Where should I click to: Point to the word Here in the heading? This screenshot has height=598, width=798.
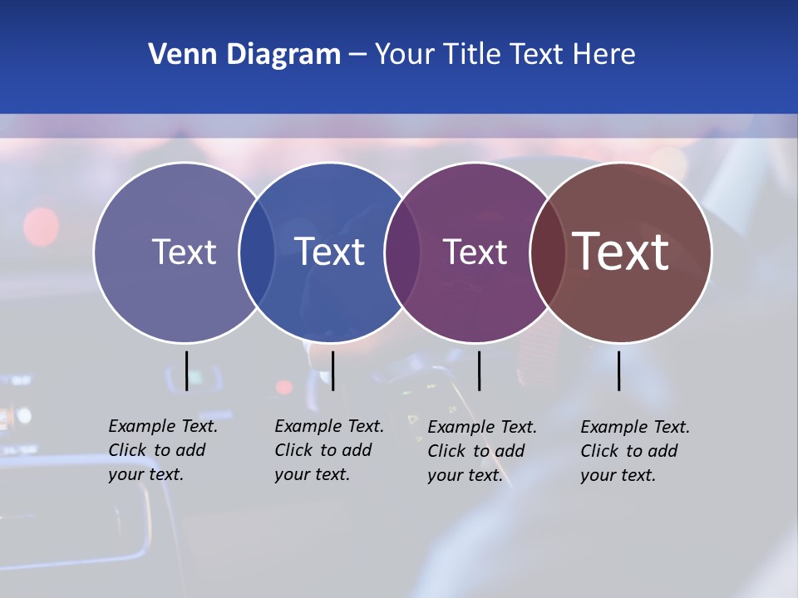tap(604, 55)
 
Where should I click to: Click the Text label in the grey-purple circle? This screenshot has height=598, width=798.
tap(184, 252)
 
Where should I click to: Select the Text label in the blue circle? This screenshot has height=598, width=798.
tap(330, 252)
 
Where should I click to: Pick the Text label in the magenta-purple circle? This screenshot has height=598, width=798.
tap(475, 252)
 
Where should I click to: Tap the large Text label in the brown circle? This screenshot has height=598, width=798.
tap(621, 252)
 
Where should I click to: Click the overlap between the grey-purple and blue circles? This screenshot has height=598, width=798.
tap(257, 252)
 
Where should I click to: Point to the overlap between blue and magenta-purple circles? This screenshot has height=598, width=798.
tap(402, 252)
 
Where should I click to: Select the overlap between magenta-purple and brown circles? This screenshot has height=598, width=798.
tap(547, 252)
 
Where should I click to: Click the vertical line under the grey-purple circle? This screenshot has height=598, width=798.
tap(186, 370)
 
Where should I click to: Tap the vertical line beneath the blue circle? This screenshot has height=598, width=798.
tap(332, 370)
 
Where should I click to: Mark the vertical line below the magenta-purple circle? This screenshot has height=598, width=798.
tap(479, 370)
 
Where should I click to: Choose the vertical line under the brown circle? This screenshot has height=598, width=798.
tap(618, 370)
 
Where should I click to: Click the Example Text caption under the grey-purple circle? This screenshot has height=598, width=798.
tap(162, 450)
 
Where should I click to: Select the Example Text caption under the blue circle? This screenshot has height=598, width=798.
tap(328, 450)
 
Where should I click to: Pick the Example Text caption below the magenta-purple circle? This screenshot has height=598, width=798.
tap(481, 451)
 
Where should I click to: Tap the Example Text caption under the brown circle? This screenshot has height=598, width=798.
tap(634, 451)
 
